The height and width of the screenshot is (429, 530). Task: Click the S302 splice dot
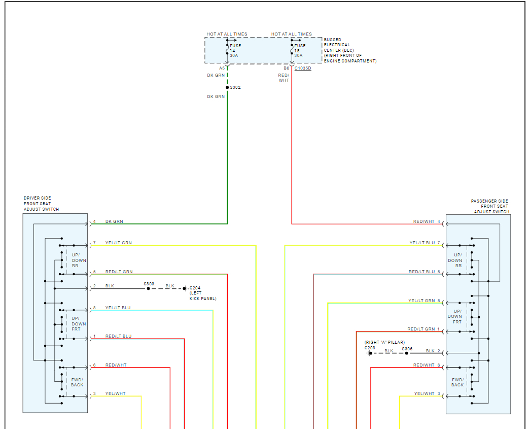coord(227,87)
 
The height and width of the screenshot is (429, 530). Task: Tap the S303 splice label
coord(149,284)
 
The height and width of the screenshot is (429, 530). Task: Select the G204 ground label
coord(195,288)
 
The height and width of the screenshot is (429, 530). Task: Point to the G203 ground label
coord(369,348)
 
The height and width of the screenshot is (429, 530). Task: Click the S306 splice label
coord(407,349)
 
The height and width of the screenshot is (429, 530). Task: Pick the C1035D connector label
coord(303,68)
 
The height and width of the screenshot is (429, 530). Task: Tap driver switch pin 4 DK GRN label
coord(114,221)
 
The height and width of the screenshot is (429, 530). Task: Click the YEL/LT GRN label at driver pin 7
coord(118,243)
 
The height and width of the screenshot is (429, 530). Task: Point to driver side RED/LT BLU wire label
coord(118,336)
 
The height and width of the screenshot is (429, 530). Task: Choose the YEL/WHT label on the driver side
coord(115,393)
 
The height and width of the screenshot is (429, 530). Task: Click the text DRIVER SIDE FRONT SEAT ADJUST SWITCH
coord(41,204)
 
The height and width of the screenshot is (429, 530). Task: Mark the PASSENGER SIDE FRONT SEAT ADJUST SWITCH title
coord(489,206)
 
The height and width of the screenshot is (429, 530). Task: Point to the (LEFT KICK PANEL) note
coord(203,296)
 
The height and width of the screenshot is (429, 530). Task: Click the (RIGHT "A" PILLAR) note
coord(384,342)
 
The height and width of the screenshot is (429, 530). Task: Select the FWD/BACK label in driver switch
coord(77,382)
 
